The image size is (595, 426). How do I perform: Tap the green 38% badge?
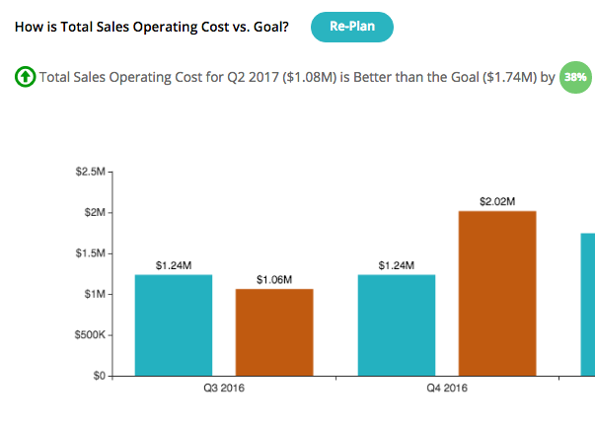click(x=573, y=77)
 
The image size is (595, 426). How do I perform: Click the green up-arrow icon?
click(x=25, y=77)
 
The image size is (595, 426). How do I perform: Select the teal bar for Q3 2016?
click(x=174, y=325)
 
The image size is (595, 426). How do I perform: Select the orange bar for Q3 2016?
click(x=273, y=332)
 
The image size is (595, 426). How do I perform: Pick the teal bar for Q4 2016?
click(x=396, y=325)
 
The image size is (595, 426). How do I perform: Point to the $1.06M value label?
click(x=273, y=280)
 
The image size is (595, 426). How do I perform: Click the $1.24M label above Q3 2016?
click(x=174, y=265)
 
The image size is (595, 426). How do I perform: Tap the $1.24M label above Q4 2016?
click(x=396, y=265)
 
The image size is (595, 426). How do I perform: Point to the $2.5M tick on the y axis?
click(x=90, y=173)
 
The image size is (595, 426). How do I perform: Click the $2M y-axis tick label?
click(x=94, y=213)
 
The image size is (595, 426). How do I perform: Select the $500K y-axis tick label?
click(x=89, y=335)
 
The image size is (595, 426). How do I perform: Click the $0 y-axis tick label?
click(x=99, y=376)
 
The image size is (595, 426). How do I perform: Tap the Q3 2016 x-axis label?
click(x=223, y=390)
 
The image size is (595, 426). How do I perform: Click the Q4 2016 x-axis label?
click(x=446, y=390)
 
